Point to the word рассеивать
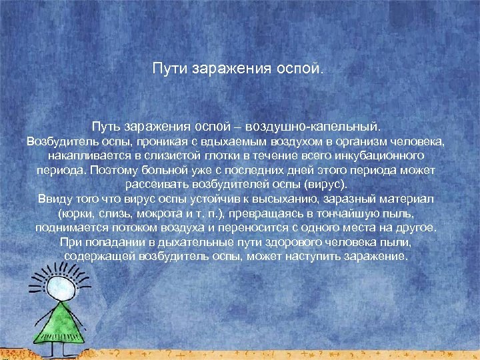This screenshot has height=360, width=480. (x=153, y=184)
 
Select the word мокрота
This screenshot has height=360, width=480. (x=162, y=213)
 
